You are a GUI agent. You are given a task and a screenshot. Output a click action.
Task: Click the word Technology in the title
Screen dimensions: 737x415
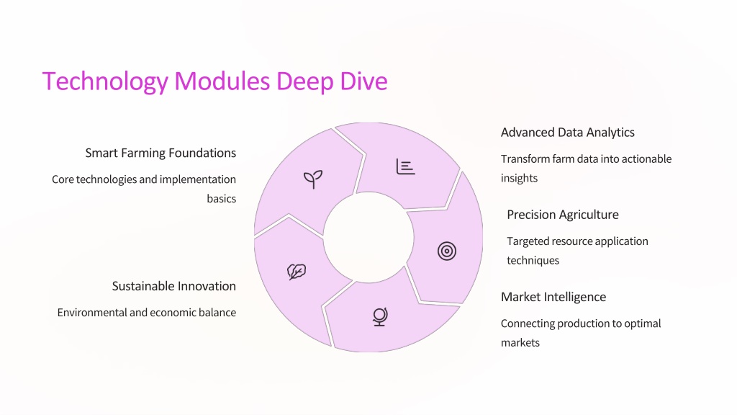click(105, 81)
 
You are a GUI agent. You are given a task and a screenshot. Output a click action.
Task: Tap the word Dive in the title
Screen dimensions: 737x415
click(363, 81)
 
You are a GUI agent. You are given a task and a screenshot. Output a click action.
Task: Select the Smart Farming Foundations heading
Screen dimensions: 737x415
click(160, 153)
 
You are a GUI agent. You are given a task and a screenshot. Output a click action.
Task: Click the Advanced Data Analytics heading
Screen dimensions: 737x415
click(567, 133)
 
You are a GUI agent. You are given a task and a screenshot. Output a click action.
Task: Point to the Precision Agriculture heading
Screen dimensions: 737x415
click(563, 215)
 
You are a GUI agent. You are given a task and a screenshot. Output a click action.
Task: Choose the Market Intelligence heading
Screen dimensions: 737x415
click(553, 297)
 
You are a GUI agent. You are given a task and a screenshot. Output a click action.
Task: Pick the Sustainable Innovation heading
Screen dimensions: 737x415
click(174, 286)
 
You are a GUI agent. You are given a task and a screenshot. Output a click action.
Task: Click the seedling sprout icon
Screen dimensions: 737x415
click(313, 179)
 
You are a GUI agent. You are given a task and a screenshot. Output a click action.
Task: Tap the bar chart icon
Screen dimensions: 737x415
click(405, 166)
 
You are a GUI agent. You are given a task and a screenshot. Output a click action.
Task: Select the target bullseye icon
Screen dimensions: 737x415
click(446, 251)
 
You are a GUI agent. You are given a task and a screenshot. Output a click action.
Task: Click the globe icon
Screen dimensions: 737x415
click(380, 317)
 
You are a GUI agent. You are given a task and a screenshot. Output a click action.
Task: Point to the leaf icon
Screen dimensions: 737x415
click(297, 272)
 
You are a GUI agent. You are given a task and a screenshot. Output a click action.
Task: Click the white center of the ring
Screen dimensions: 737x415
click(368, 238)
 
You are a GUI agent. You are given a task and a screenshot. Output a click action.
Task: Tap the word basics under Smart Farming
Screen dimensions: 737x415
click(222, 199)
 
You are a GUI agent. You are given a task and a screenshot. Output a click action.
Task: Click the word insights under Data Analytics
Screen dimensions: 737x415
click(519, 179)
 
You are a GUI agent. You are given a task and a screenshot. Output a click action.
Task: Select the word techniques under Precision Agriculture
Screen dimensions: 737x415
click(533, 261)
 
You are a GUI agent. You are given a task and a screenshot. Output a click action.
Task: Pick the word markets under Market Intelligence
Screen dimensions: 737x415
click(520, 342)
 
